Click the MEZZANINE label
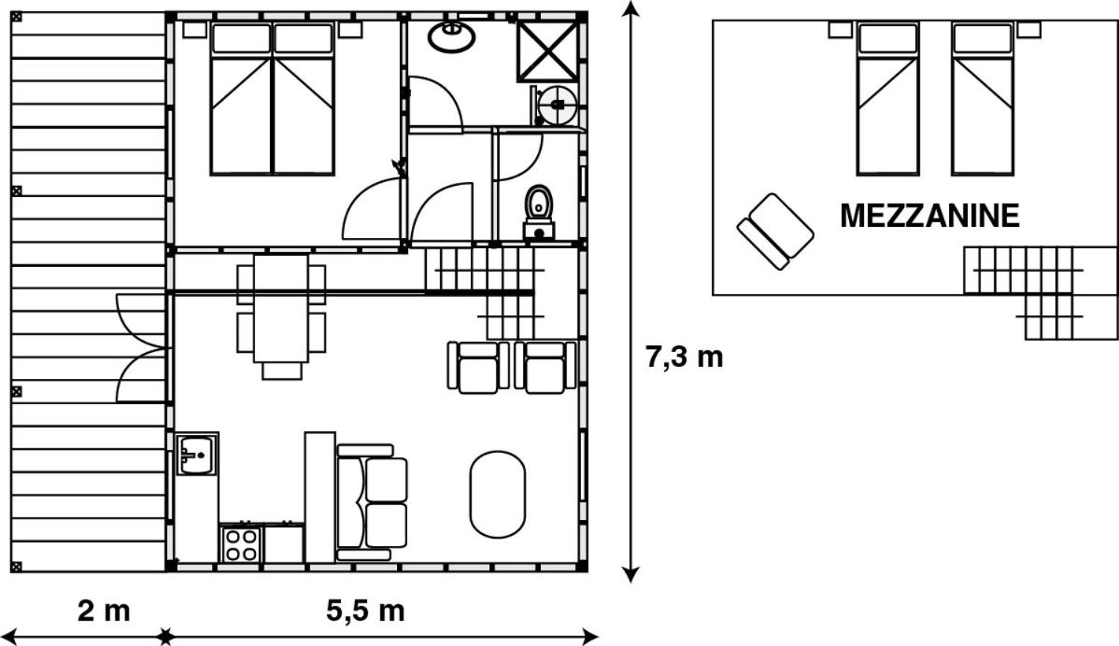tap(930, 216)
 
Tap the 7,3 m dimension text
tap(685, 357)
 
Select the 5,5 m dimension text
tap(365, 611)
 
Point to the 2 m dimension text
tap(105, 611)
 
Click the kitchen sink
tap(197, 454)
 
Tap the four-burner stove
tap(241, 545)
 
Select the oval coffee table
tap(498, 494)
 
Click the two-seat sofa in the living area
tap(372, 502)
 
